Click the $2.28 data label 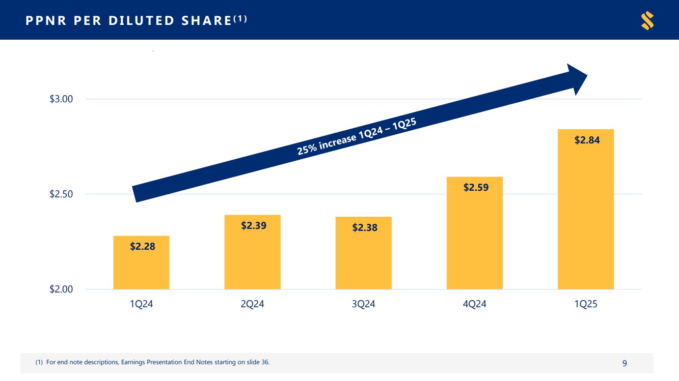[x=142, y=247]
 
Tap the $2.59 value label [x=476, y=187]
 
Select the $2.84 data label [x=587, y=140]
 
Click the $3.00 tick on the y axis [x=62, y=99]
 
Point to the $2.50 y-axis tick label [x=62, y=194]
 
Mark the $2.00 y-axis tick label [x=62, y=289]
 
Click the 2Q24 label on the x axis [x=252, y=305]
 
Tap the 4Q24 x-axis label [x=475, y=305]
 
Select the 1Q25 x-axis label [x=586, y=305]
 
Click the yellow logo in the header [x=647, y=20]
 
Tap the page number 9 [x=624, y=363]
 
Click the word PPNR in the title [x=44, y=20]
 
